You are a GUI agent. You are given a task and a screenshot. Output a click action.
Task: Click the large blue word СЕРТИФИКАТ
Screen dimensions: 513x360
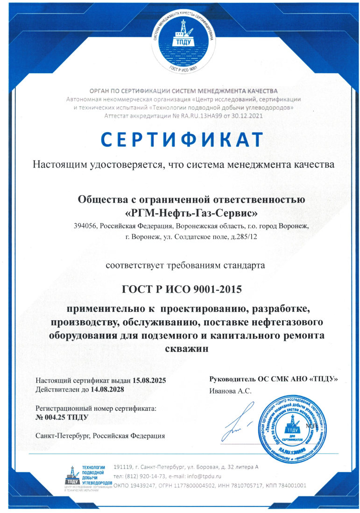tap(182, 140)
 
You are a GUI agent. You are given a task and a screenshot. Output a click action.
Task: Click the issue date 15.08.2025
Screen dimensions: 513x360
tap(149, 380)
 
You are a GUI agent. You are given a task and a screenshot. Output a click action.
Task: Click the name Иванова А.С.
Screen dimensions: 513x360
tap(231, 391)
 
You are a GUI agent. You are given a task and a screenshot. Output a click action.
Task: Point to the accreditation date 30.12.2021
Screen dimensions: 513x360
tap(244, 115)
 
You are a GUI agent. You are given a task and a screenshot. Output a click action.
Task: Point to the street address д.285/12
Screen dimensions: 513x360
tap(241, 237)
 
